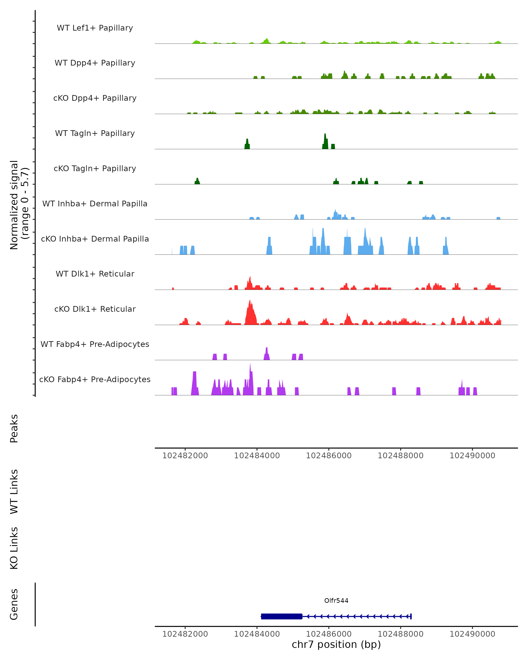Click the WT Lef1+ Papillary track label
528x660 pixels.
[x=95, y=28]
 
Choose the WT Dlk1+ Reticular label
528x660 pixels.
[x=95, y=274]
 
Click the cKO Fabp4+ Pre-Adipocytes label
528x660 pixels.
[x=95, y=379]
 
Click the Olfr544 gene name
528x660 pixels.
[x=336, y=601]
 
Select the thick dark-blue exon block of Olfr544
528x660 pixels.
[x=282, y=616]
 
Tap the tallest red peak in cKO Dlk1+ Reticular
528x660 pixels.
[x=250, y=312]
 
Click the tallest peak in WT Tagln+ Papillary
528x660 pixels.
[x=325, y=141]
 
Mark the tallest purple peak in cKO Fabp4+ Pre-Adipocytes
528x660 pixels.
[x=250, y=379]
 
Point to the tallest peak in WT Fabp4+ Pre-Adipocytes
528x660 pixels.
[x=267, y=354]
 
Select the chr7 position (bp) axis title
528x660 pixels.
[x=336, y=644]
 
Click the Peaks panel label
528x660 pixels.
[x=14, y=428]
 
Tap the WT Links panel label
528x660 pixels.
[x=14, y=491]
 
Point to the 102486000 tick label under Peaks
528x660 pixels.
[x=329, y=456]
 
